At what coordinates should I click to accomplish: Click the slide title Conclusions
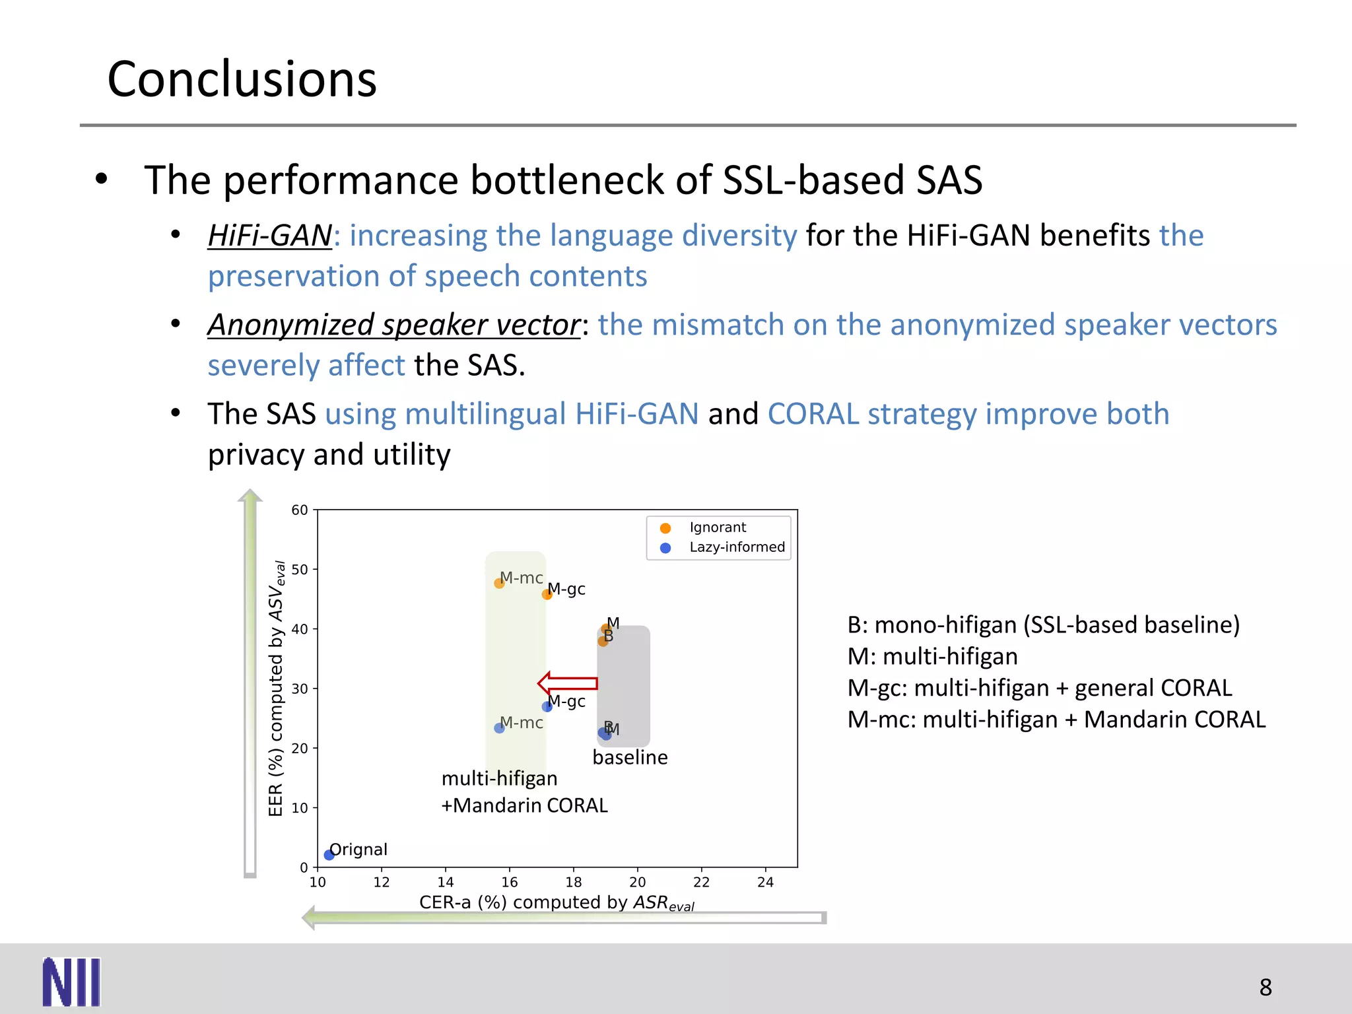(242, 79)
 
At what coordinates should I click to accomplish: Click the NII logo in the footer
(71, 982)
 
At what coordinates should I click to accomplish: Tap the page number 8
(1265, 987)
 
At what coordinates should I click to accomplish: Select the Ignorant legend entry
(717, 527)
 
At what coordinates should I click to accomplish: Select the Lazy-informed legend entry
(736, 547)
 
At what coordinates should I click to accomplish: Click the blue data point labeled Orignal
(329, 855)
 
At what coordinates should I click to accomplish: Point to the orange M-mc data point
(499, 583)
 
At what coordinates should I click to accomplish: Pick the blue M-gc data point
(547, 706)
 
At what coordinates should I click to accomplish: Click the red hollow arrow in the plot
(568, 683)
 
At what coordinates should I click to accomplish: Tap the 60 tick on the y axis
(300, 510)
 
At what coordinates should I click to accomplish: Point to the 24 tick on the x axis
(765, 882)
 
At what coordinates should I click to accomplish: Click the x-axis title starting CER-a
(556, 902)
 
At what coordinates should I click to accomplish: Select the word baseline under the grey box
(630, 757)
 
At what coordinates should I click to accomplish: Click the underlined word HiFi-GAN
(269, 236)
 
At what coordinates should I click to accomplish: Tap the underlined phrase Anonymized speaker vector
(393, 325)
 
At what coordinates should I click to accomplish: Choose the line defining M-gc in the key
(1039, 688)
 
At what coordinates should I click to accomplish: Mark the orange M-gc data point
(547, 594)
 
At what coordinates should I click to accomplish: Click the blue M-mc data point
(499, 727)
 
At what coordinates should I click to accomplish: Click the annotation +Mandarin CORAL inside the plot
(524, 805)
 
